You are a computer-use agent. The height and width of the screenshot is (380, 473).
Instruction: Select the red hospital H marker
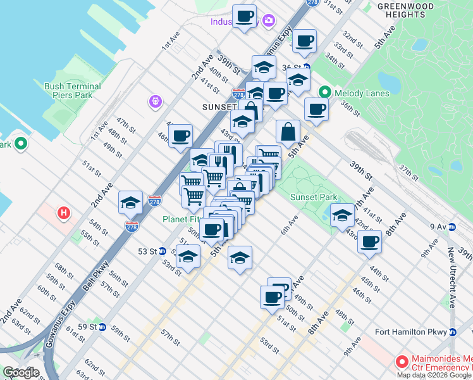(x=63, y=213)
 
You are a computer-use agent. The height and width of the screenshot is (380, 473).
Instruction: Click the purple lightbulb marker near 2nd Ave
(x=154, y=101)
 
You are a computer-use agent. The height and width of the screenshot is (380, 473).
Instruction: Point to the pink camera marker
(x=269, y=21)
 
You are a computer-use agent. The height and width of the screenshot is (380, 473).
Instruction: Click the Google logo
(x=21, y=372)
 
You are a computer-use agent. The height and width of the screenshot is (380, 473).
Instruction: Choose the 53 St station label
(x=147, y=251)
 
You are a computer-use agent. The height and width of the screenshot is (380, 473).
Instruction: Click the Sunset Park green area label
(x=314, y=197)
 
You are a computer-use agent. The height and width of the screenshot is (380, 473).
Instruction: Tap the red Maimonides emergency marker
(x=400, y=362)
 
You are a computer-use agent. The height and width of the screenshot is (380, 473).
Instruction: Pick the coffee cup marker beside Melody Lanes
(x=316, y=109)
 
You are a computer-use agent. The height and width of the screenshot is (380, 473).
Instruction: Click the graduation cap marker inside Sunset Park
(x=342, y=215)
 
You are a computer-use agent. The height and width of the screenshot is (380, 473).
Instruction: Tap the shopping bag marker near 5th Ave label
(x=288, y=132)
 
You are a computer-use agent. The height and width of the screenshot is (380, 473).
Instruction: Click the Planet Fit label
(x=180, y=219)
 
